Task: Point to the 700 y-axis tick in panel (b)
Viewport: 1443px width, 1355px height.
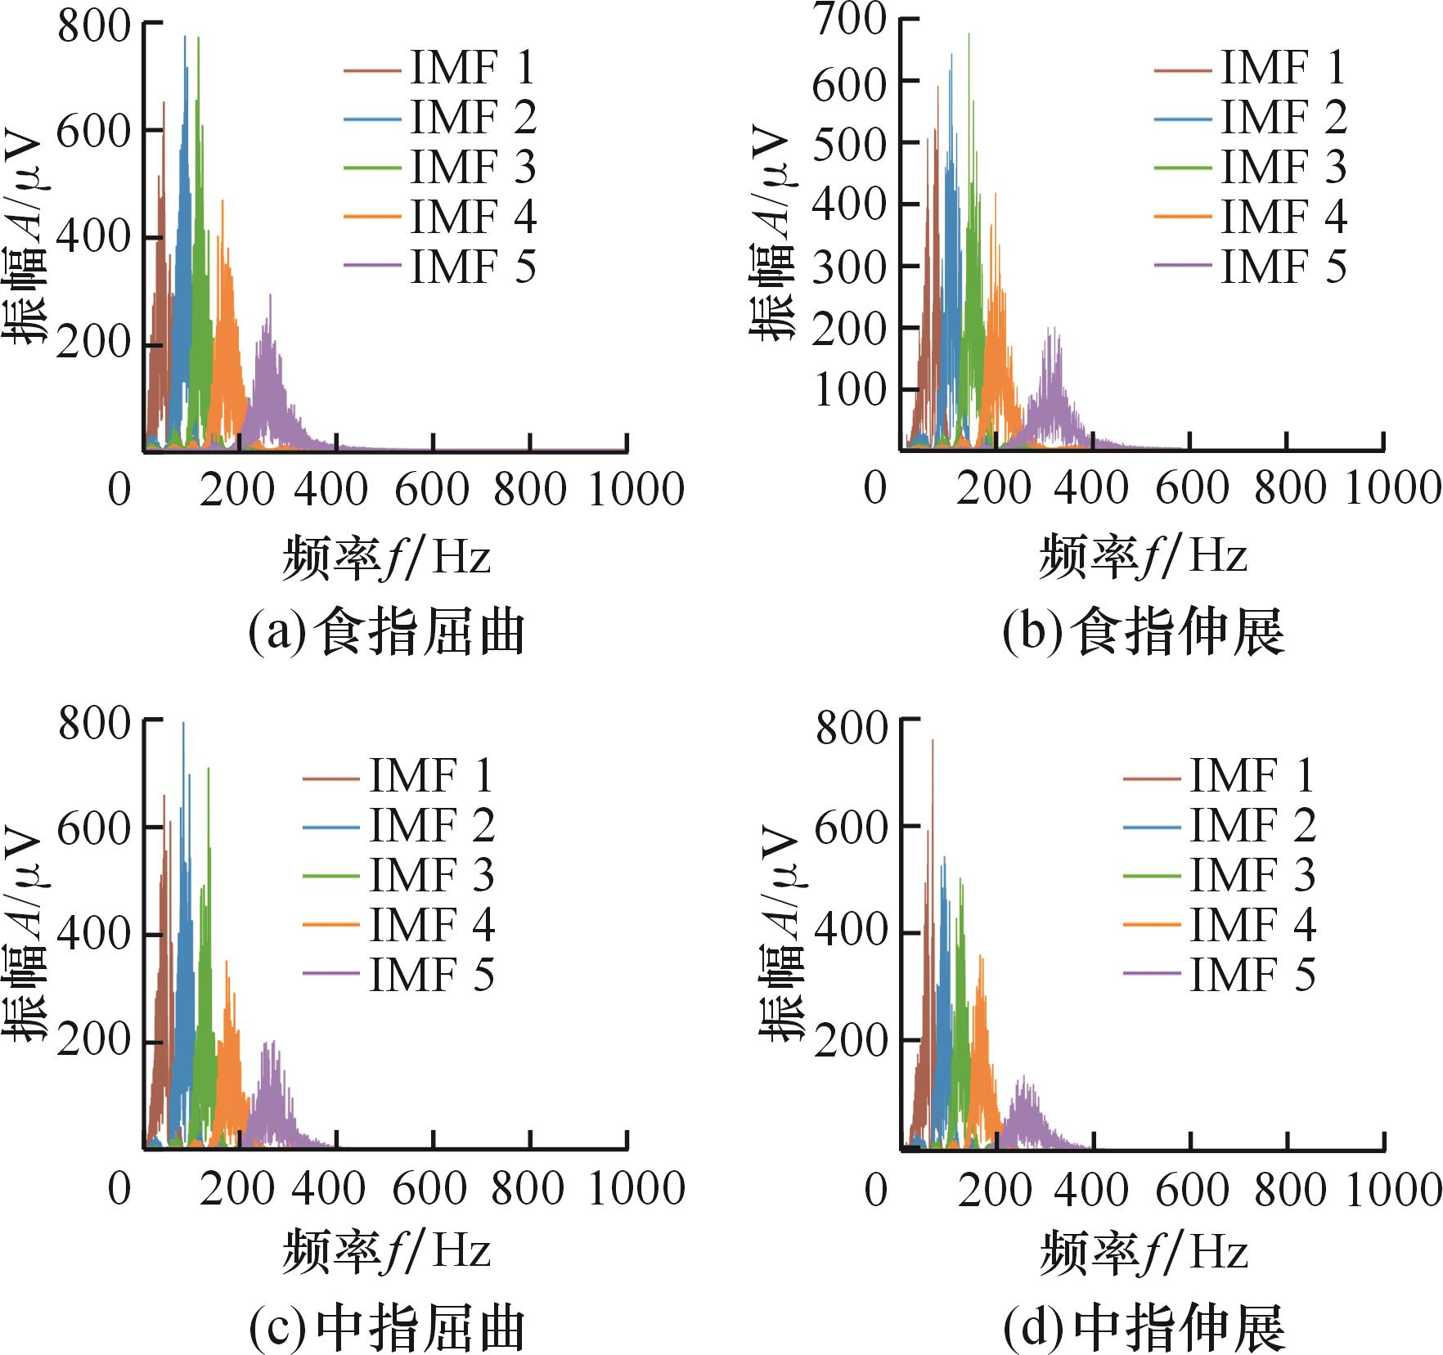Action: [x=851, y=20]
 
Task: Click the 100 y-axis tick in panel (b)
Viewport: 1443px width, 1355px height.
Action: [x=851, y=390]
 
